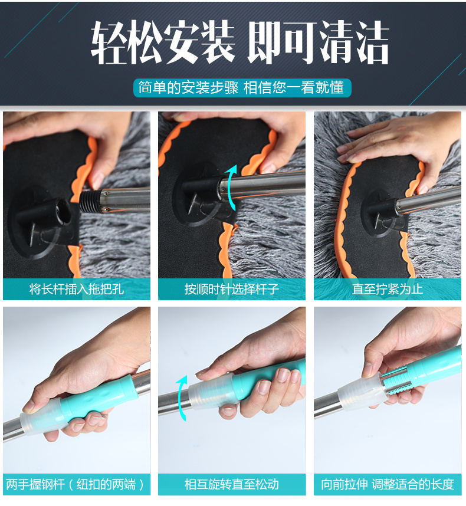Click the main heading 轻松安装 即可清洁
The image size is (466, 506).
click(239, 42)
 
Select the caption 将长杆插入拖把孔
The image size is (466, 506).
click(77, 289)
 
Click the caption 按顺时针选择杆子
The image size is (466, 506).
click(231, 289)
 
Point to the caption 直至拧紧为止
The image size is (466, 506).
click(388, 289)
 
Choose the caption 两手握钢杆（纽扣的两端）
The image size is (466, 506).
click(75, 484)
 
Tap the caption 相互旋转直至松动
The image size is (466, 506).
click(231, 484)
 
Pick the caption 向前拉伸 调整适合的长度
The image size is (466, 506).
click(388, 484)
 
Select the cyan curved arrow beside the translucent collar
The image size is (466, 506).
click(181, 398)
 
